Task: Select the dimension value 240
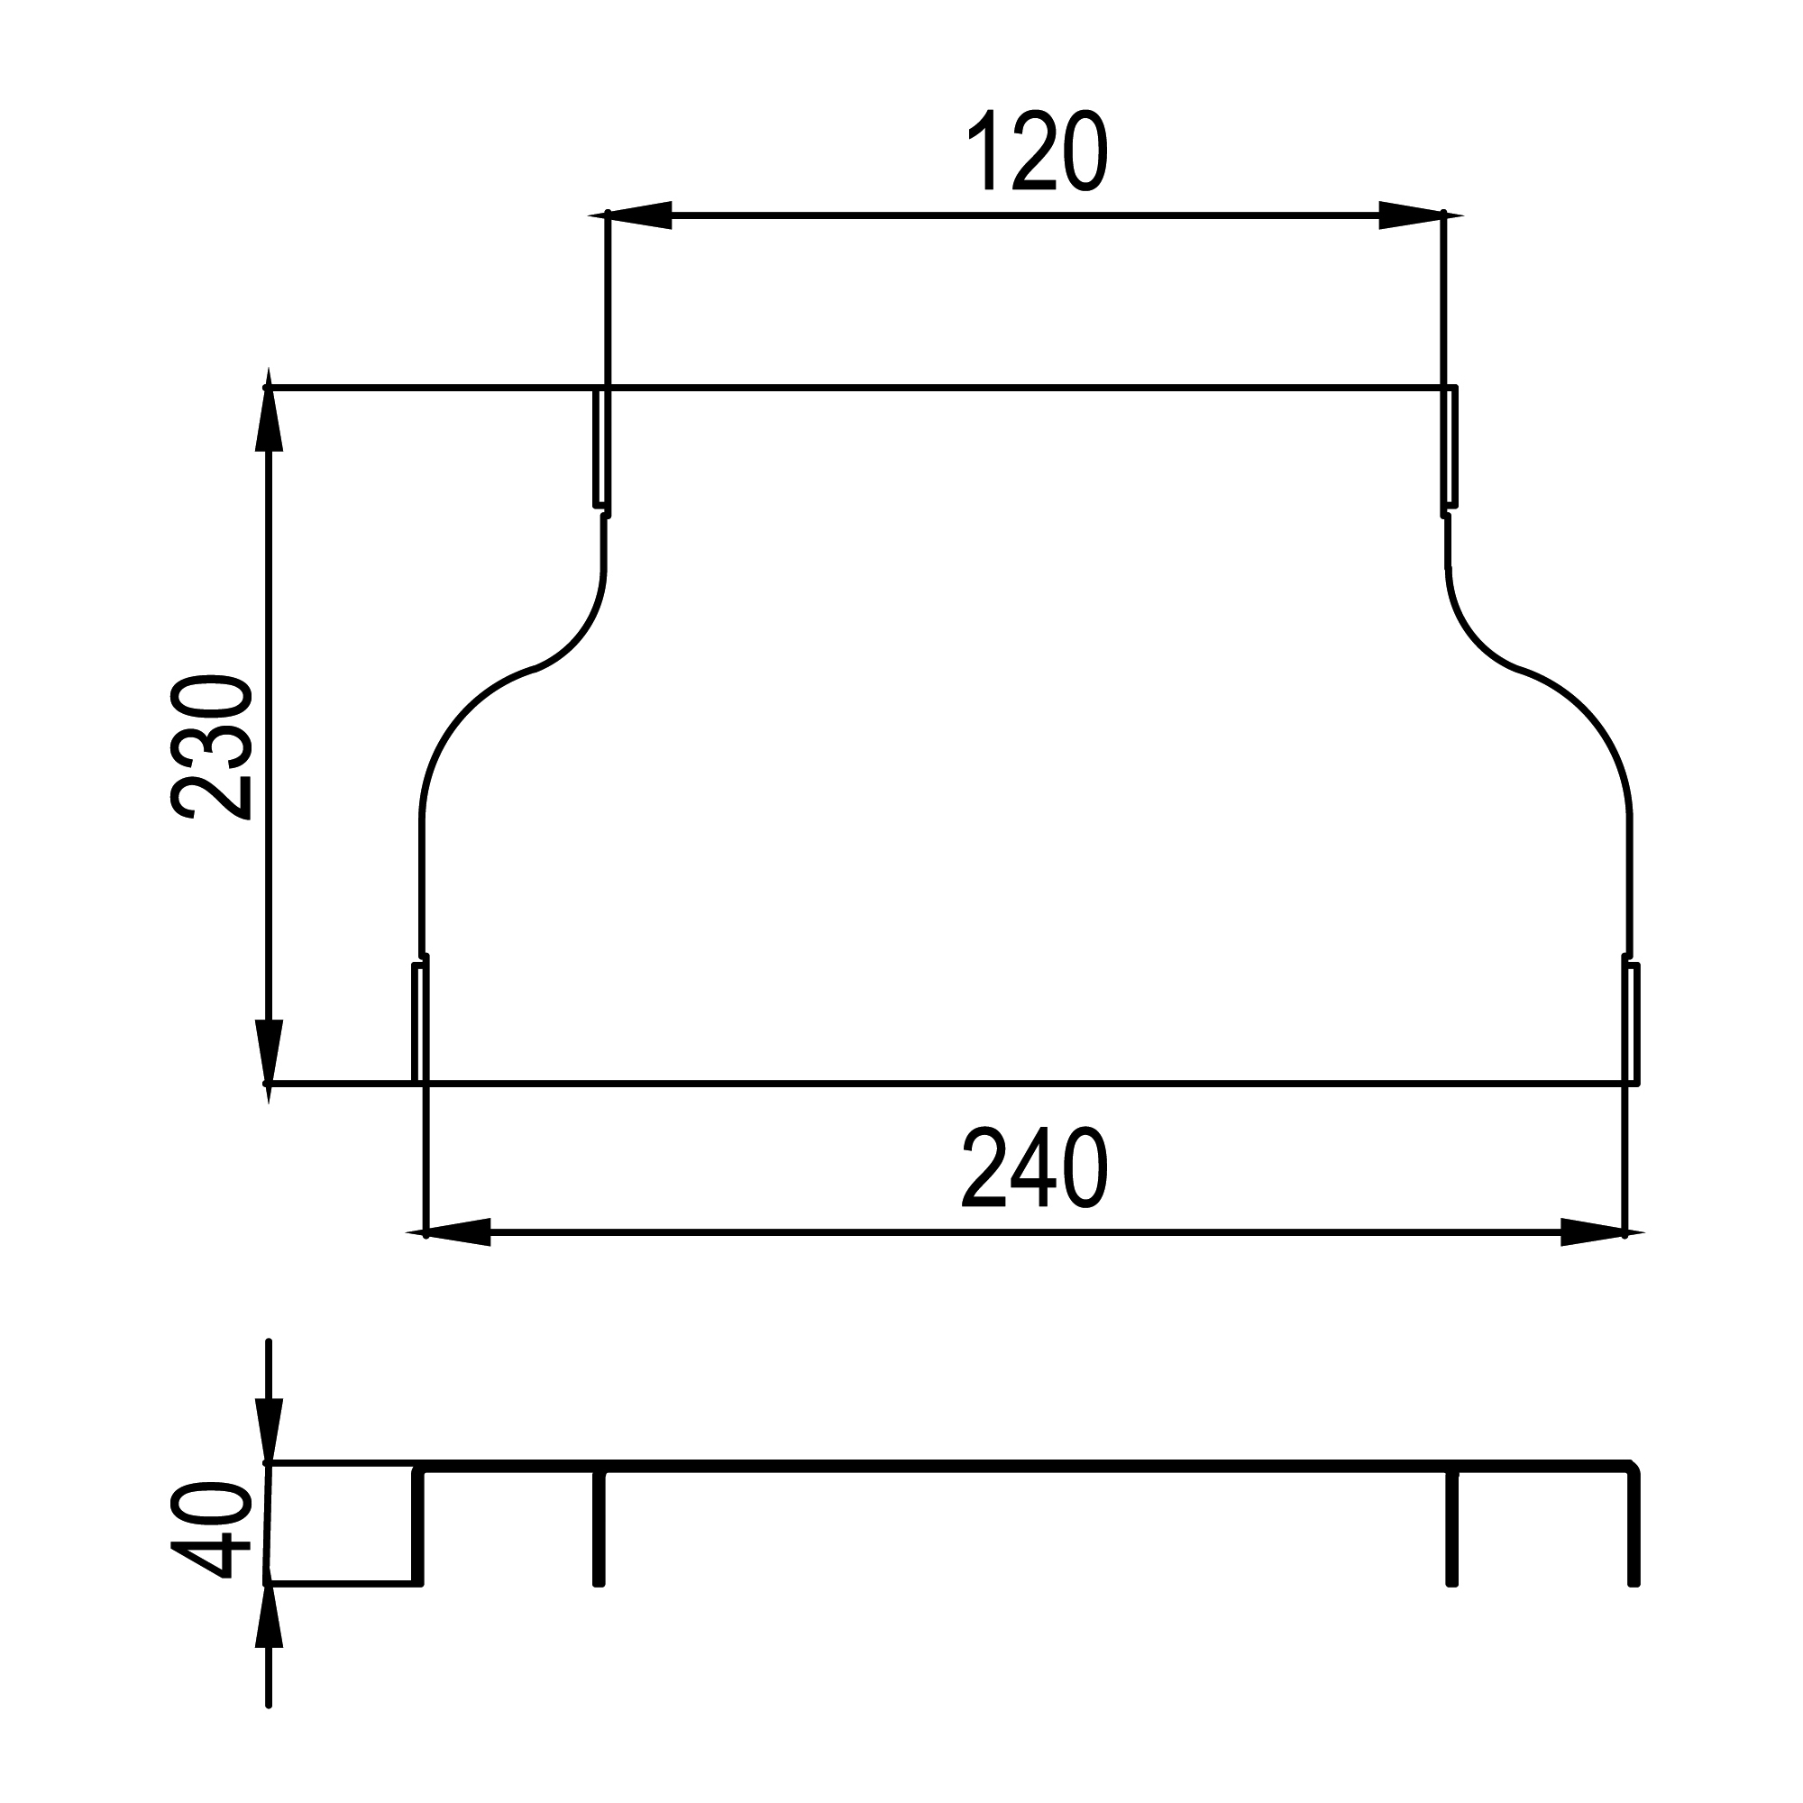coord(1035,1167)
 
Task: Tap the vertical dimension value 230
coord(211,746)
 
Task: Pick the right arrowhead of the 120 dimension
coord(1422,215)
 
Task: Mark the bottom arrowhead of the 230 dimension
coord(269,1062)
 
